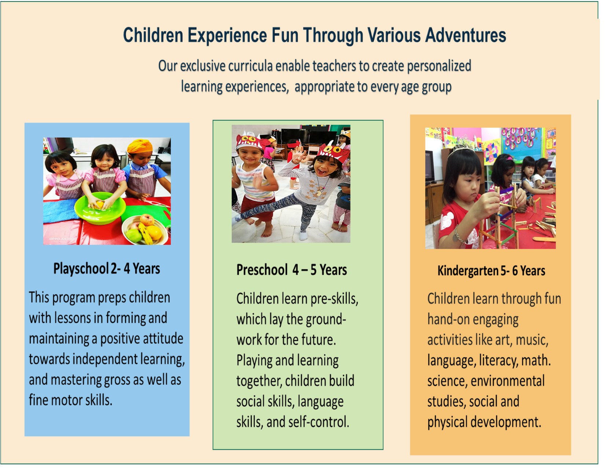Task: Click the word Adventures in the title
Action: (x=466, y=35)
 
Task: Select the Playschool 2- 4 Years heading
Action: (x=107, y=269)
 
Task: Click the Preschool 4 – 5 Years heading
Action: (x=291, y=270)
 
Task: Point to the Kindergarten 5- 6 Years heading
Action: (x=491, y=271)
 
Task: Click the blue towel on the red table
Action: (x=61, y=211)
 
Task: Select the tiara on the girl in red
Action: (x=461, y=146)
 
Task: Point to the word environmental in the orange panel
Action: (x=507, y=381)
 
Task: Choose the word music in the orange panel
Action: (x=532, y=340)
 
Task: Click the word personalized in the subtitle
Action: (x=439, y=66)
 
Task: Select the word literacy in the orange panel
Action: (x=499, y=360)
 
